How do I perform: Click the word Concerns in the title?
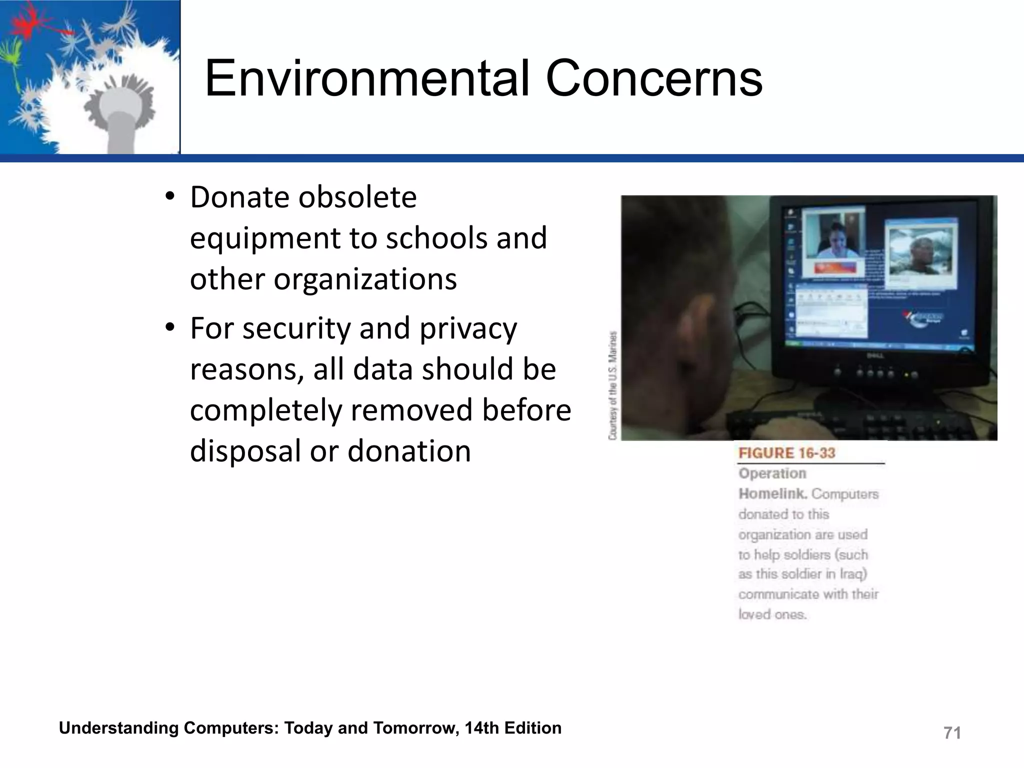tap(654, 79)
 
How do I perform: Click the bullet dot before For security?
tap(170, 327)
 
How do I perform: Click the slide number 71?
tap(952, 733)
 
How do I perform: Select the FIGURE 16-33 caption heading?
tap(787, 453)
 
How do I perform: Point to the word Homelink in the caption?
tap(772, 494)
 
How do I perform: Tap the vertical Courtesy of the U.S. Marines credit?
tap(613, 385)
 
